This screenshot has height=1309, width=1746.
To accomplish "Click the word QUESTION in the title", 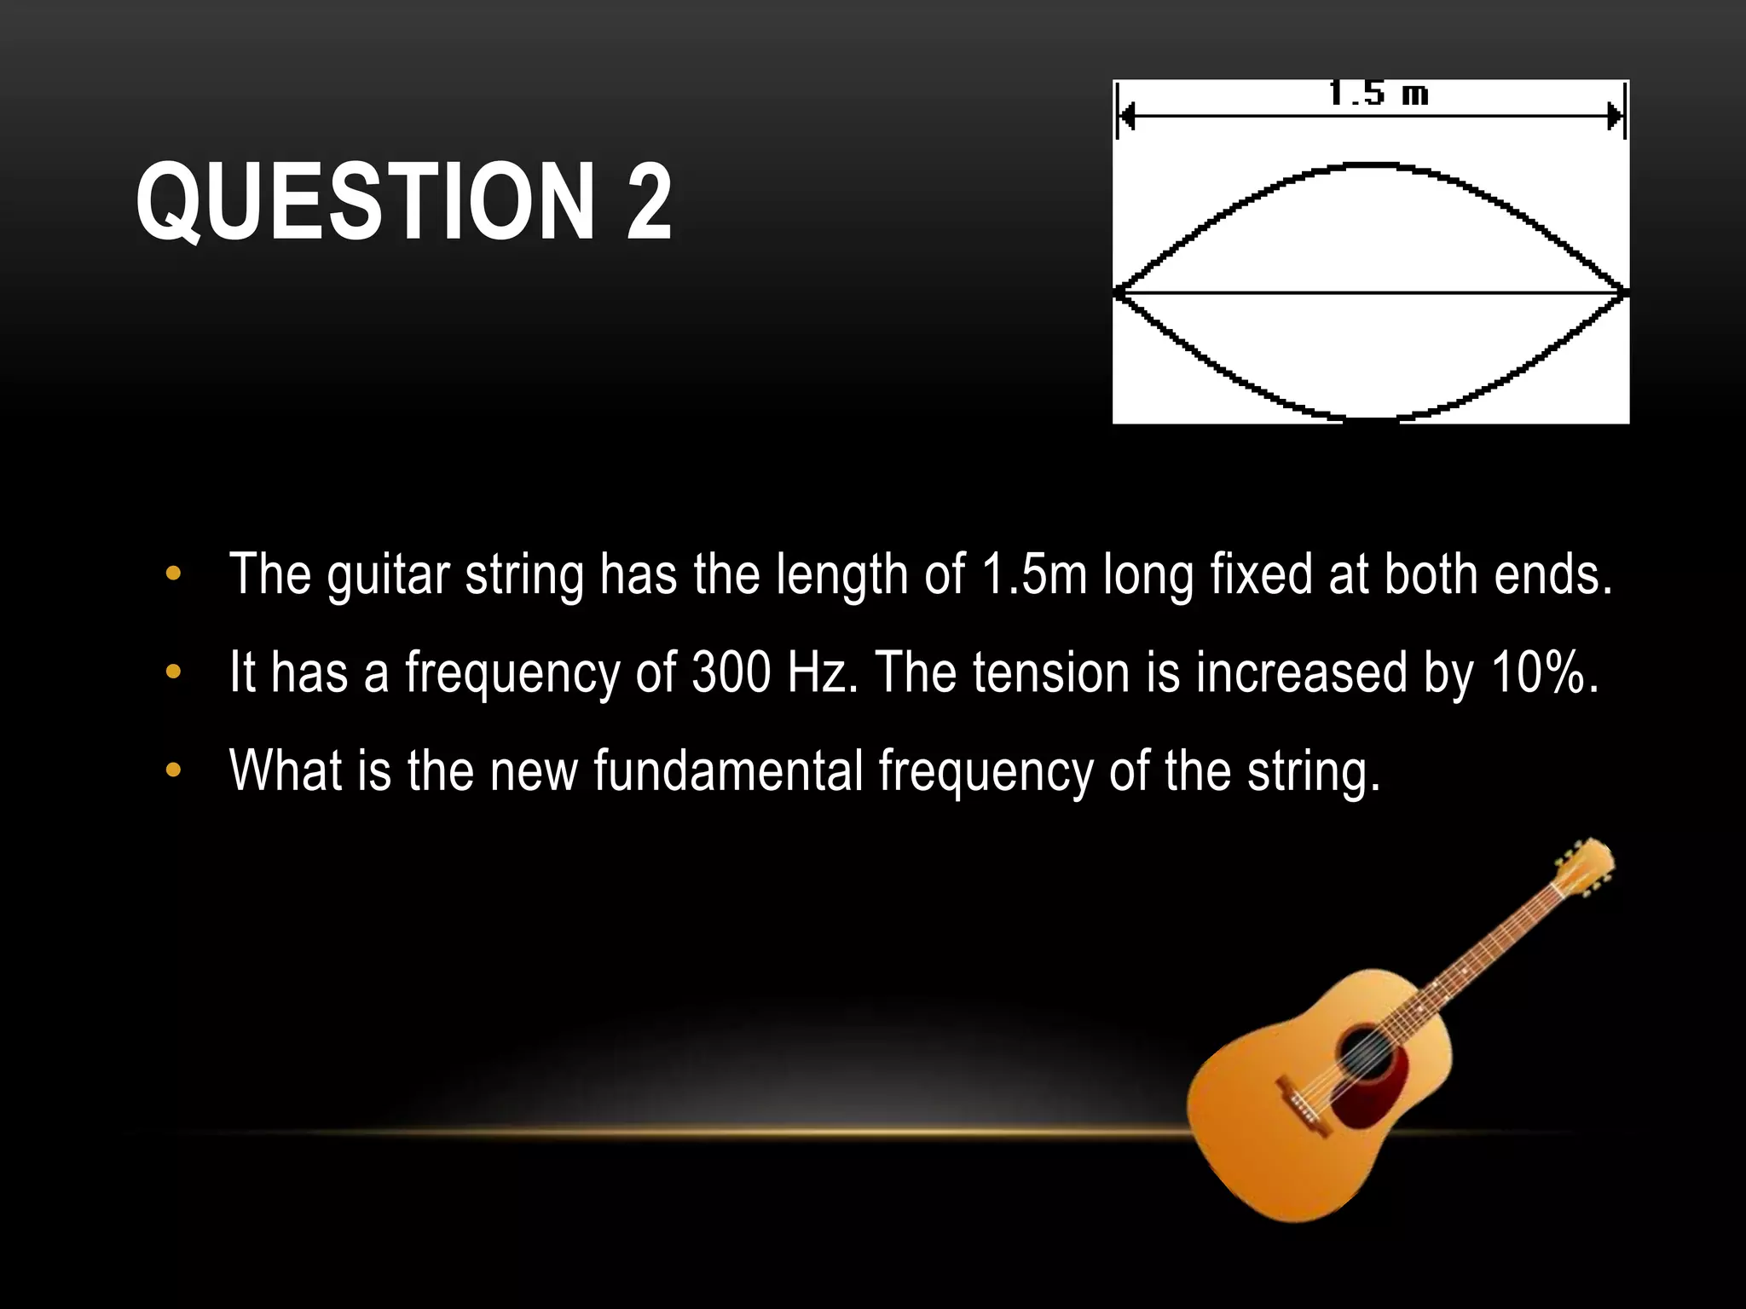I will click(x=364, y=203).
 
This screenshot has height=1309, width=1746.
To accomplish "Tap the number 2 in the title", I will click(x=649, y=203).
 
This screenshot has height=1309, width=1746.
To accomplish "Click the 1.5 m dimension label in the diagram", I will click(x=1378, y=94).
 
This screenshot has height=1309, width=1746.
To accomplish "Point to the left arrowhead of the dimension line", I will click(x=1126, y=117).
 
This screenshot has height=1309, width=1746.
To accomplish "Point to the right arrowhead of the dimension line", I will click(x=1614, y=117).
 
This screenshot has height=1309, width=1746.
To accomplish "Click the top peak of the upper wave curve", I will click(x=1373, y=164).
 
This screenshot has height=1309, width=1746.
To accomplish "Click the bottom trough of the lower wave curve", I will click(x=1371, y=418).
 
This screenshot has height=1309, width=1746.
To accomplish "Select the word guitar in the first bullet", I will click(x=387, y=575).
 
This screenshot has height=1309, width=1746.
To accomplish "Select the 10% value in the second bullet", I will click(x=1544, y=672).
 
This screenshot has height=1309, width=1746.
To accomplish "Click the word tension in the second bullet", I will click(x=1050, y=672).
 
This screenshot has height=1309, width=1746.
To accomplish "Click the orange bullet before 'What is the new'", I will click(x=173, y=770).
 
